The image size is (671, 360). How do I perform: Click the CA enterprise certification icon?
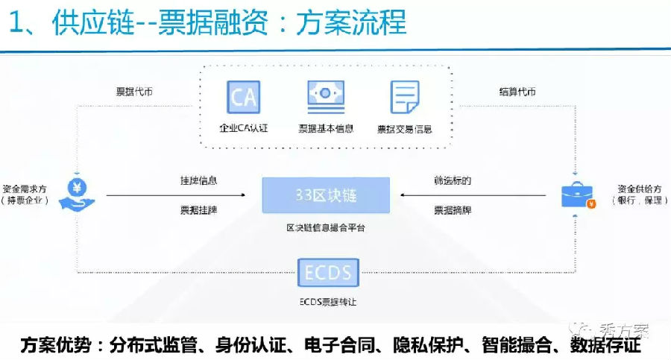[243, 97]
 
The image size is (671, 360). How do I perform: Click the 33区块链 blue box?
[326, 195]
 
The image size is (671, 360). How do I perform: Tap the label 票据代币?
[134, 92]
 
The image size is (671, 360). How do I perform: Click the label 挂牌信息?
[198, 180]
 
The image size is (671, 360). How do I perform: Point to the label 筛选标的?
[453, 180]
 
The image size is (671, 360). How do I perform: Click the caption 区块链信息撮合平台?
[326, 227]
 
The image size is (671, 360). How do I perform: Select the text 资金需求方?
[26, 188]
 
